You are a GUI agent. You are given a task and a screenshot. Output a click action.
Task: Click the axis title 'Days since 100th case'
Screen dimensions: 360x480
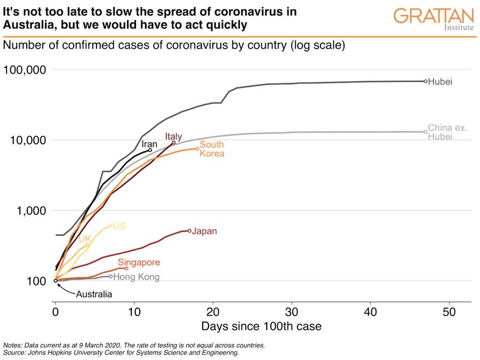[x=261, y=326]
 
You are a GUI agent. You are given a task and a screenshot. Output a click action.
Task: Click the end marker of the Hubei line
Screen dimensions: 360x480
[x=426, y=81]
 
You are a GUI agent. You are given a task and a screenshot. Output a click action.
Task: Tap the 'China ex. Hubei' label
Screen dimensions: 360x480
[x=447, y=132]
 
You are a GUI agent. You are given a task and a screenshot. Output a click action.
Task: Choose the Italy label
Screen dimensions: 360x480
[x=173, y=136]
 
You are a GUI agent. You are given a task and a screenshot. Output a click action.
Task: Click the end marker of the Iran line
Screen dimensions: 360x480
[x=150, y=150]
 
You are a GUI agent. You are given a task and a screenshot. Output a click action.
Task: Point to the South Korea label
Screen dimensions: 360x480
[x=212, y=149]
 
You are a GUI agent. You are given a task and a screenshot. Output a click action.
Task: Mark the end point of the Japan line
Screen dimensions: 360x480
[x=189, y=231]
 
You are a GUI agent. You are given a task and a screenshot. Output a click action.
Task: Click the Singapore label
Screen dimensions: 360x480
[x=139, y=262]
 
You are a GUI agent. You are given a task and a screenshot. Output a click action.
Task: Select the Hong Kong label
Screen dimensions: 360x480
[x=136, y=277]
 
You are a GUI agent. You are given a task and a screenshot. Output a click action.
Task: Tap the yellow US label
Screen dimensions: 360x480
[x=119, y=226]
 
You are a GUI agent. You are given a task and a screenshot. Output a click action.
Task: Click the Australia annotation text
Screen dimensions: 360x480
[x=94, y=294]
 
